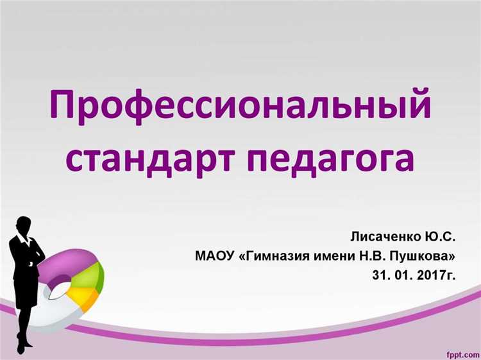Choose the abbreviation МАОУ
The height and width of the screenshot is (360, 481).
(214, 257)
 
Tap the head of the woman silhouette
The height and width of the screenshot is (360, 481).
(24, 226)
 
